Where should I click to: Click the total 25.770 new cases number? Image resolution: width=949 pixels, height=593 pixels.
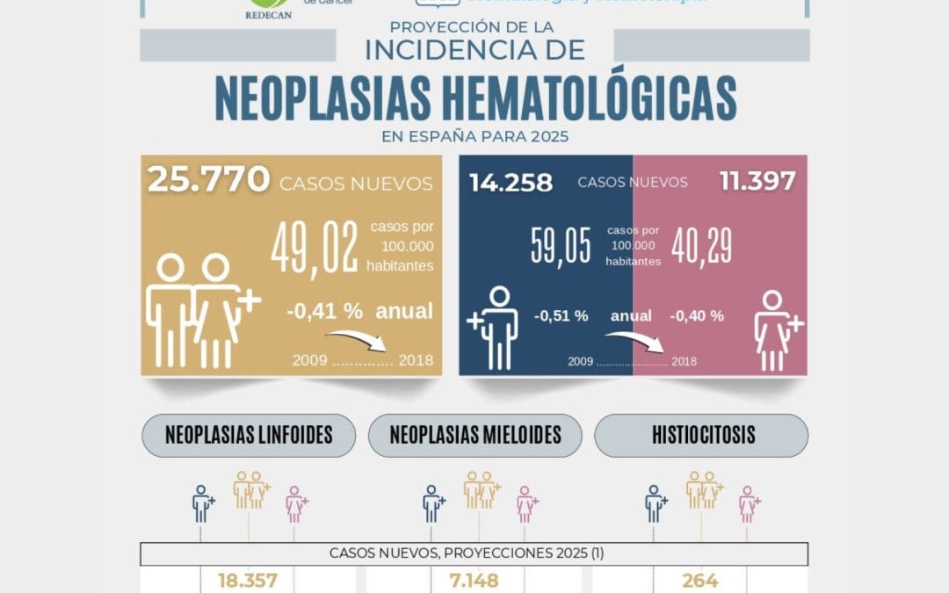point(208,180)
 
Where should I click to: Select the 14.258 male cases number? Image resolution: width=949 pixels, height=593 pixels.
point(511,183)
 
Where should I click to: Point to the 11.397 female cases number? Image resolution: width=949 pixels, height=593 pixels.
point(757,182)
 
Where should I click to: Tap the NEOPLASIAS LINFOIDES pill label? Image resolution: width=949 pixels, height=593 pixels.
point(249,435)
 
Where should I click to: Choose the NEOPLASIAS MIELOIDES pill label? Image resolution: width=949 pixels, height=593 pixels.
point(475,435)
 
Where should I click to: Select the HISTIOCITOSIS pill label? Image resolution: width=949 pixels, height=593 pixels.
point(701,435)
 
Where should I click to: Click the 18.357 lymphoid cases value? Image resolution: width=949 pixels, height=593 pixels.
point(247,581)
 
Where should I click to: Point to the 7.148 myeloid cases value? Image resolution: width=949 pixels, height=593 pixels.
point(474,581)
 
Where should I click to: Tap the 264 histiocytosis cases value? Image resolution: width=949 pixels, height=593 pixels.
point(699,581)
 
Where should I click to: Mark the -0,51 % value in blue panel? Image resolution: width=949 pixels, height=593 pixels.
point(561,316)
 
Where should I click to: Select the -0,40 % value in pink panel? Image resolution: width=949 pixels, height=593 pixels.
point(697,316)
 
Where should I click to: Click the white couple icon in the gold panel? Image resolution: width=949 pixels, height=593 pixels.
point(200,310)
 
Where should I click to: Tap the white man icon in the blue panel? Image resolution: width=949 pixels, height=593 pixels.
point(496,327)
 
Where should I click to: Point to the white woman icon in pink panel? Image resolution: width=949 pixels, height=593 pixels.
point(777,329)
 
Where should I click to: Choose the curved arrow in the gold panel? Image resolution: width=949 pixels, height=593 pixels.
point(363,339)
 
